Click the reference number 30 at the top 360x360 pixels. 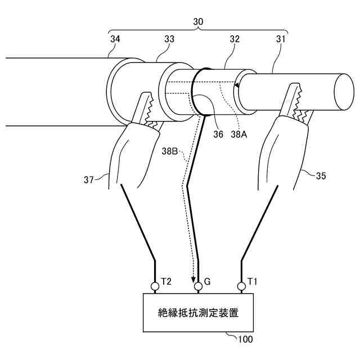[197, 21]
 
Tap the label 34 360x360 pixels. [115, 39]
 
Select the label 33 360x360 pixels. [169, 39]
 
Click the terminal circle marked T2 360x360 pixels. [155, 287]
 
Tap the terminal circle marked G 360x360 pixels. [198, 287]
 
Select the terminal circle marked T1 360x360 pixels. [241, 287]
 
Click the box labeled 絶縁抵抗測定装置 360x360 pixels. [198, 313]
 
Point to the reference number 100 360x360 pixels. [246, 340]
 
